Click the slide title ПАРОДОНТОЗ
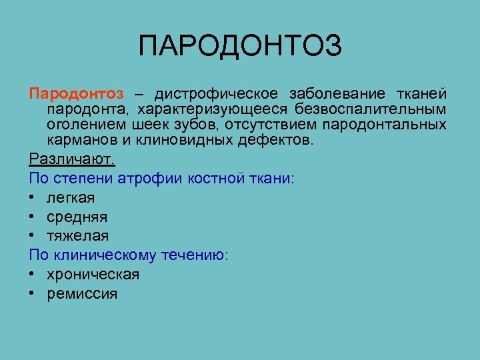[240, 47]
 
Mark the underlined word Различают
[72, 159]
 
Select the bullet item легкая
[71, 198]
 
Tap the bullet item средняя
[77, 217]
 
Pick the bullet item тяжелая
[77, 236]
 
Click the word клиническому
[107, 255]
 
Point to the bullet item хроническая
[93, 275]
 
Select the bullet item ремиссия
[82, 294]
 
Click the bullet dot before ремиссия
[33, 294]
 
